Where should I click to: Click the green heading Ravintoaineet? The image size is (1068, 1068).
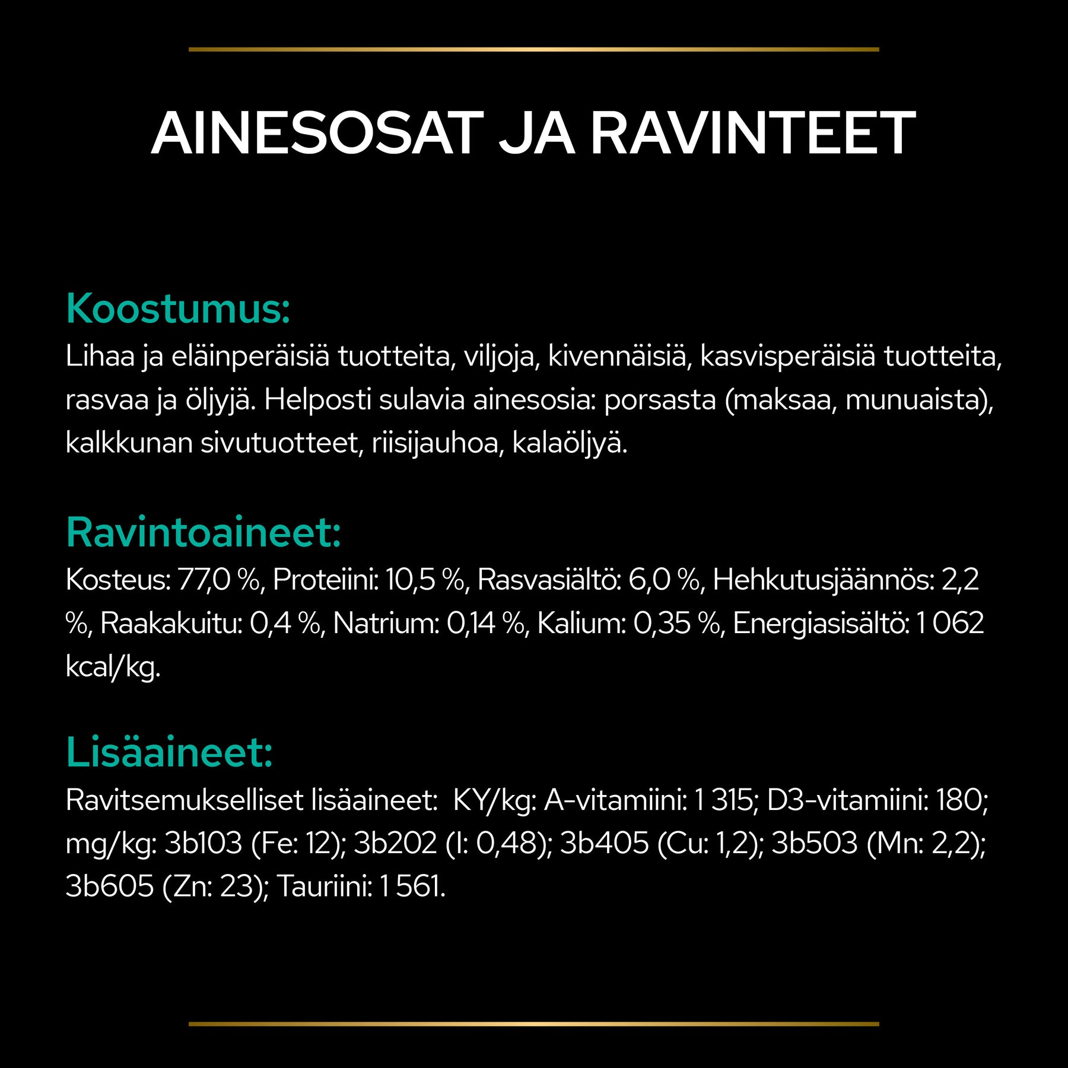204,532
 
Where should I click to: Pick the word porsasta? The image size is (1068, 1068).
660,400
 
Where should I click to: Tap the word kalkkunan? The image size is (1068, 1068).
129,443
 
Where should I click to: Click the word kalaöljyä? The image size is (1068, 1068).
570,443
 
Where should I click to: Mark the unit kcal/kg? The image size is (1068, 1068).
113,667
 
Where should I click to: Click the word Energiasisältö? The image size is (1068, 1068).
822,624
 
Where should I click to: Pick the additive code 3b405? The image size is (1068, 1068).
604,843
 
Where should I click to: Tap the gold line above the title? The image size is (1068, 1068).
533,49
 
